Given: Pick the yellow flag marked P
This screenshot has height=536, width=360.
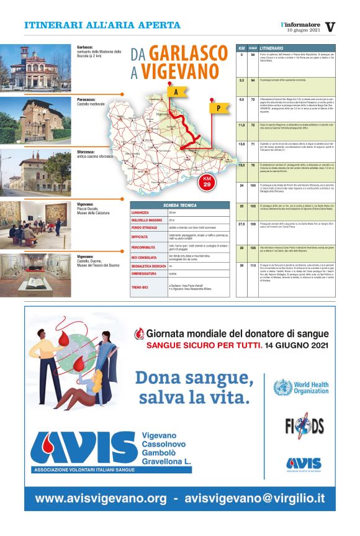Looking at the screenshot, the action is click(x=218, y=107).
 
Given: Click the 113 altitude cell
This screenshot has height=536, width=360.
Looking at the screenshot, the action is click(x=253, y=265).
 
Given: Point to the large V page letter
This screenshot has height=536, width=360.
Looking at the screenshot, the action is click(x=330, y=26).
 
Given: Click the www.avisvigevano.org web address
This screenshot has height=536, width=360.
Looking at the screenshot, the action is click(x=101, y=498).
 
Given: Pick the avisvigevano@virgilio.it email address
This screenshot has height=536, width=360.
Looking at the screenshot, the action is click(x=254, y=498).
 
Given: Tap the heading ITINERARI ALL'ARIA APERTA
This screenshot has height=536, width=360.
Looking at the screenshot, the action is click(x=102, y=25).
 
